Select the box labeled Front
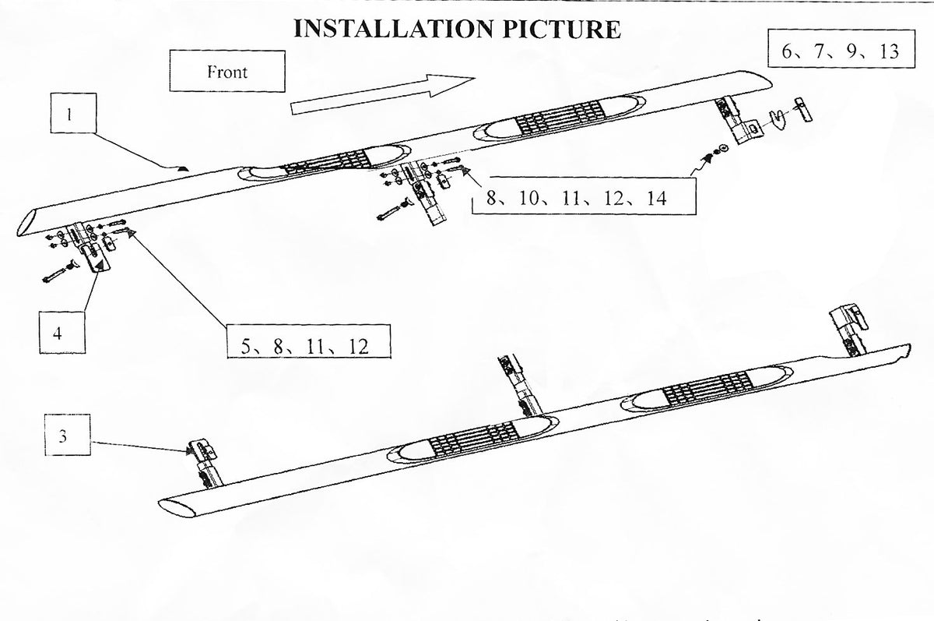coord(226,72)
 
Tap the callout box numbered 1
coord(70,115)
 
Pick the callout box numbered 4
coord(58,333)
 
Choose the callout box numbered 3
coord(63,437)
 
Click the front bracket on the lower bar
coord(851,327)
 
